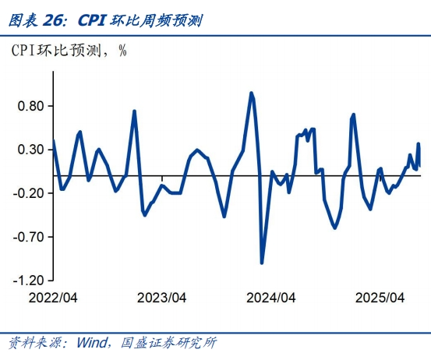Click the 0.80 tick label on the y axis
point(31,107)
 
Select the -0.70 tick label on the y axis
point(30,236)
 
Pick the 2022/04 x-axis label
point(53,298)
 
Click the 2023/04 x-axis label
point(161,298)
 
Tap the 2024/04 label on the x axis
point(270,298)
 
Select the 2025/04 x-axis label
point(380,298)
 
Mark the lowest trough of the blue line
point(262,263)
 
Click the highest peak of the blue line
point(251,93)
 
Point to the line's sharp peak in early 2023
point(134,111)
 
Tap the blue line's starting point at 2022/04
point(54,141)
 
